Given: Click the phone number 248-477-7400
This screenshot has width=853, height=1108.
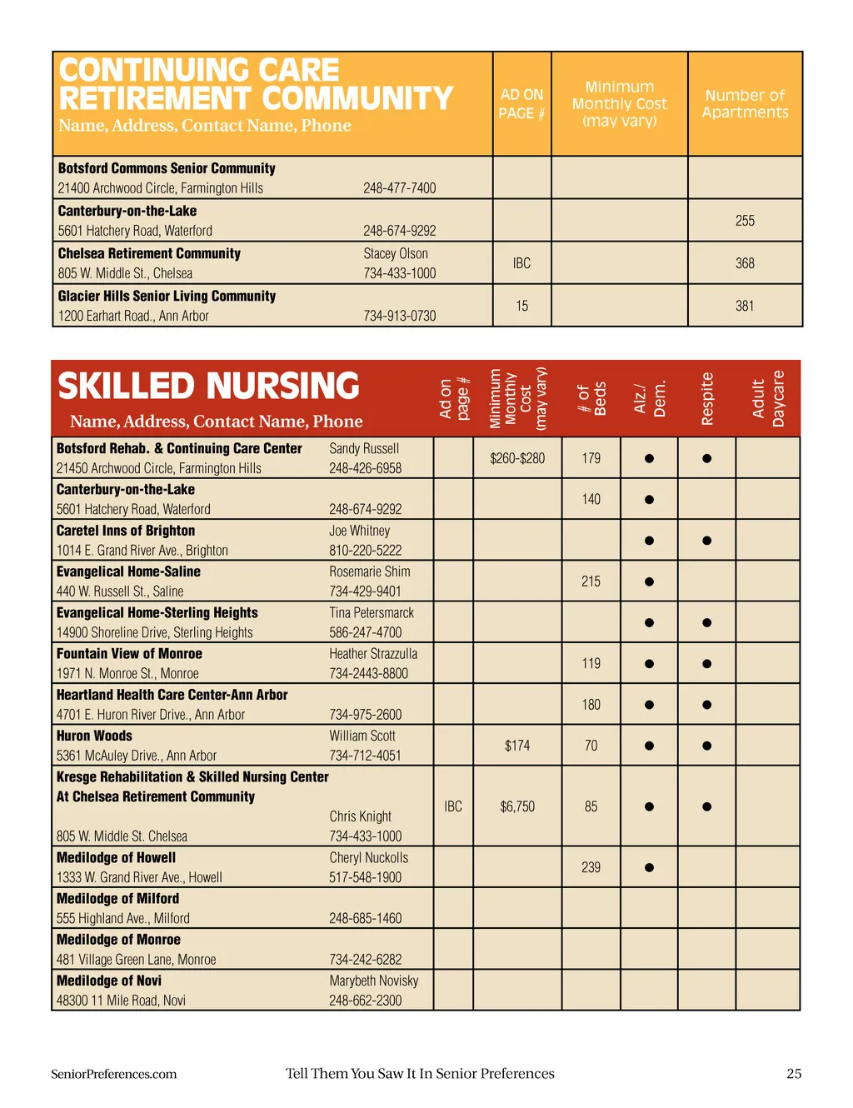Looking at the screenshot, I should point(399,188).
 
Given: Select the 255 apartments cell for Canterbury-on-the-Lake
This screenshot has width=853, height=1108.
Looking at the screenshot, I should point(745,221).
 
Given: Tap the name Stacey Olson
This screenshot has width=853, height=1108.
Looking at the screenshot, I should point(396,253).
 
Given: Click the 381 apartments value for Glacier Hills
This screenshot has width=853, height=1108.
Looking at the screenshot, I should point(745,306).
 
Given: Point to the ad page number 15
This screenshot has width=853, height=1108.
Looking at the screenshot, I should point(521,306).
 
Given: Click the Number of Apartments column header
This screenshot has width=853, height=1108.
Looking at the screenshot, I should point(745,104).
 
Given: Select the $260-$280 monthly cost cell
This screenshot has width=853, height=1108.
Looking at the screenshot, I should point(517,458).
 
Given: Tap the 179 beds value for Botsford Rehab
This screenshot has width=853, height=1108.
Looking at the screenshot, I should point(591,458).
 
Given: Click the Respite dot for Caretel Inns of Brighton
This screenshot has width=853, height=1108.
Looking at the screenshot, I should point(706,541).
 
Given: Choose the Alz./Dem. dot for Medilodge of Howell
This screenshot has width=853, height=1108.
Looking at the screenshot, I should point(649,867).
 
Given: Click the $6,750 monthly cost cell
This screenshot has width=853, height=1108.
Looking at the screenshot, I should point(517,806).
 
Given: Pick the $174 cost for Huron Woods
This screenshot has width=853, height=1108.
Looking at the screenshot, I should point(517,746).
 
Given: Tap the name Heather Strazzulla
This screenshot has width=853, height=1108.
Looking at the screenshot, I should point(373,654).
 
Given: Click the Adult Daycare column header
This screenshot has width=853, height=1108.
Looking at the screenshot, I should point(768,399).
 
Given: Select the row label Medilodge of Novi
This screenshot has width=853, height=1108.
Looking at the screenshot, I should point(109,981).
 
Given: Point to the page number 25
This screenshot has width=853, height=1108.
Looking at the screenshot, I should point(794,1074).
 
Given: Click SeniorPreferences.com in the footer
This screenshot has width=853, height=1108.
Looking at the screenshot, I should point(113,1074).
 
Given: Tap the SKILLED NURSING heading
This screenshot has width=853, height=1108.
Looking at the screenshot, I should point(208,387).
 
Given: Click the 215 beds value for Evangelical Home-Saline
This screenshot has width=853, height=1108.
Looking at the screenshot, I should point(591,581).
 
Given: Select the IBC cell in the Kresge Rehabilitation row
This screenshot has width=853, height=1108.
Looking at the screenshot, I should point(453,806).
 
